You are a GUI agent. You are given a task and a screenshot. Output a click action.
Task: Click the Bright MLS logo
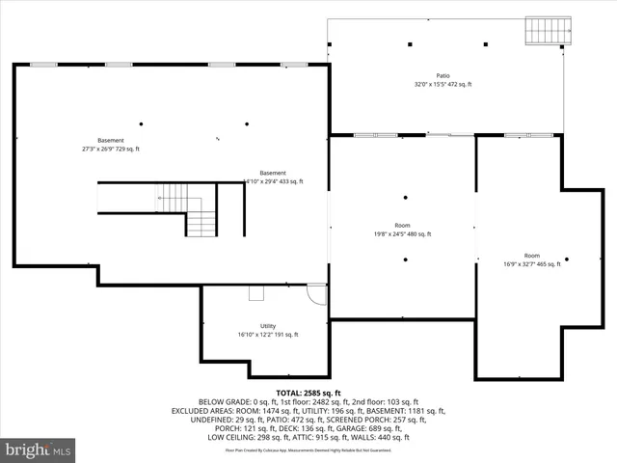(39, 449)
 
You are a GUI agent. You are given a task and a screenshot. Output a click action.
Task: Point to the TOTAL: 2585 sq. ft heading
(308, 394)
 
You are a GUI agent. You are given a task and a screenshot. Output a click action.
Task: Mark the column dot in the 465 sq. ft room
(567, 259)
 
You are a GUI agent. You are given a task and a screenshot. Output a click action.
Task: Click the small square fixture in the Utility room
(256, 293)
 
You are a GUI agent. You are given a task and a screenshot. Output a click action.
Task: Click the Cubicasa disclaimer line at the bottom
(308, 449)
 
